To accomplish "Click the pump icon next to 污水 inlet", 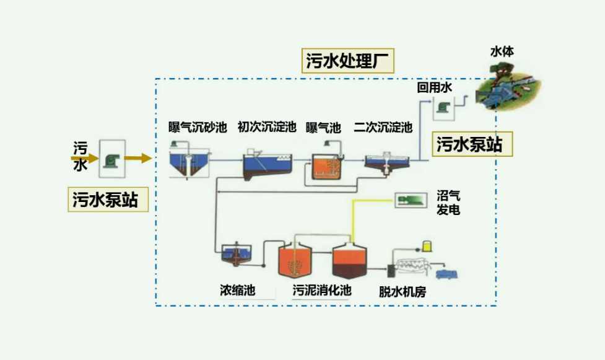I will click(x=111, y=158).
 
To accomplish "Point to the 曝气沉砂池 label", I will click(x=198, y=128).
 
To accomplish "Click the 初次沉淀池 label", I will click(x=267, y=128).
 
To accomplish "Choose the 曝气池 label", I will click(x=323, y=128).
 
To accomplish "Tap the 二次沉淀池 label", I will click(x=383, y=128).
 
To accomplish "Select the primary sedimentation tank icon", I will click(x=264, y=164).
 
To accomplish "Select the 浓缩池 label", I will click(x=237, y=290).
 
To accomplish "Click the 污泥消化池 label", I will click(x=322, y=290).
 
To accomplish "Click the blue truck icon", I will click(x=447, y=273).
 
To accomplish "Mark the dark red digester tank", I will click(x=350, y=263).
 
